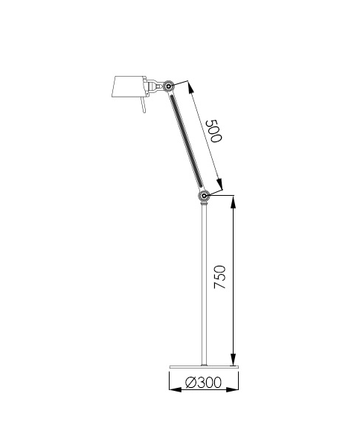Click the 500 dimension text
214,131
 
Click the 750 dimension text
217,278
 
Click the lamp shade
127,89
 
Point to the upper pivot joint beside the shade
170,86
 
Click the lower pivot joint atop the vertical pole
203,196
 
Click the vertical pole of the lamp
203,283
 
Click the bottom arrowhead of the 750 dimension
234,360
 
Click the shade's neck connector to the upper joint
154,86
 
